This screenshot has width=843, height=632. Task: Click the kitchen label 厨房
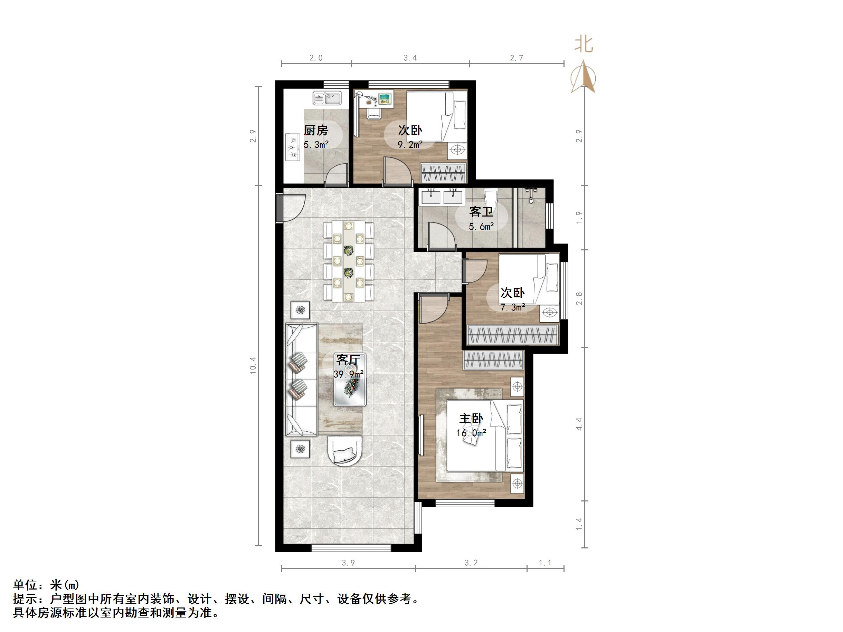[315, 130]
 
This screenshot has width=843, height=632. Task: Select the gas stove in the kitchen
[293, 147]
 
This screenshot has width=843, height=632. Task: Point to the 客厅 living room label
[348, 360]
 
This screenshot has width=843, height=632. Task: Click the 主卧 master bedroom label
[471, 419]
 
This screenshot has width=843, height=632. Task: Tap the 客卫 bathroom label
[481, 211]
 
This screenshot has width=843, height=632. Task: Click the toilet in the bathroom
[491, 198]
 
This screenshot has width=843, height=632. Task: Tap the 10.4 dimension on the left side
[253, 365]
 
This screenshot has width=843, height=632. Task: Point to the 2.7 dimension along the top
[517, 58]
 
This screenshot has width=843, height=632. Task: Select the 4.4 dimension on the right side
[579, 424]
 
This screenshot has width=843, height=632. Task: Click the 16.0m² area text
[471, 433]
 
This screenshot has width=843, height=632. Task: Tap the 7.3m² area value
[513, 307]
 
